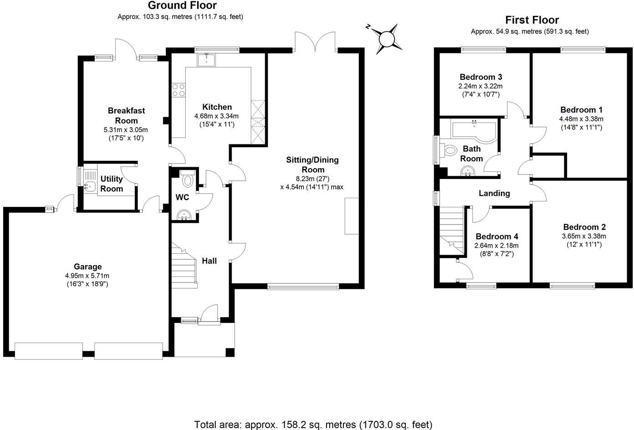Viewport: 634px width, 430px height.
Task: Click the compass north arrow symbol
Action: [387, 38]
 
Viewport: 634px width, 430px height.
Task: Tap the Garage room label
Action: [87, 267]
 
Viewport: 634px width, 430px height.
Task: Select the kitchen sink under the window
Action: [207, 59]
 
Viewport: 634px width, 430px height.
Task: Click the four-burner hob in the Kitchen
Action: [178, 90]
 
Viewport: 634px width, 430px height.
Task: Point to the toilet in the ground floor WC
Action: [187, 180]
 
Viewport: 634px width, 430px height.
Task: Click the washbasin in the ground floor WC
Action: [184, 215]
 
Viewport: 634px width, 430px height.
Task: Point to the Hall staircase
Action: [184, 269]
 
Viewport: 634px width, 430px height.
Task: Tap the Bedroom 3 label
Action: [481, 77]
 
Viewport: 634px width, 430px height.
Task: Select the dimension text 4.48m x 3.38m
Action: [581, 119]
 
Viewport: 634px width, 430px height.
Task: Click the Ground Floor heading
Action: [182, 6]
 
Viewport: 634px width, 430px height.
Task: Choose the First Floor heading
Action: [532, 20]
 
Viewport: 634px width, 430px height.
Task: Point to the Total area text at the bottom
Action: [313, 424]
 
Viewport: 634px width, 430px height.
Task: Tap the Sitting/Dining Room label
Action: [312, 164]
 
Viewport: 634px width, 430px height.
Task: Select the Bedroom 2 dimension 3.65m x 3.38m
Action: [584, 236]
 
